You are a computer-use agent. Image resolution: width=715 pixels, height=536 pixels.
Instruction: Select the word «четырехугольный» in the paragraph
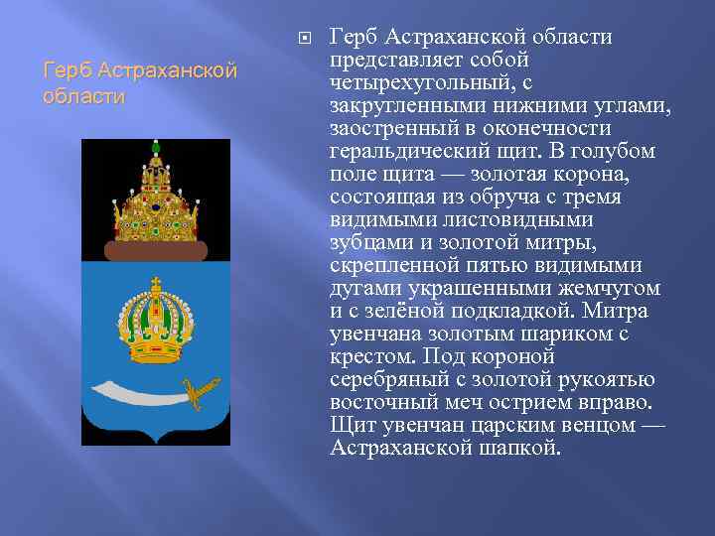pyautogui.click(x=410, y=83)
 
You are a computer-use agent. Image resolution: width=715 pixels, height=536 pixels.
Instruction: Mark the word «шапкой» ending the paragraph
pyautogui.click(x=524, y=448)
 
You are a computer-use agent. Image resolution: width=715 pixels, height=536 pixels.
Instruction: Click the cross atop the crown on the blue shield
pyautogui.click(x=155, y=282)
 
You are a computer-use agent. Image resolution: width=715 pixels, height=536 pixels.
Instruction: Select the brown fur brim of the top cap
pyautogui.click(x=155, y=249)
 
